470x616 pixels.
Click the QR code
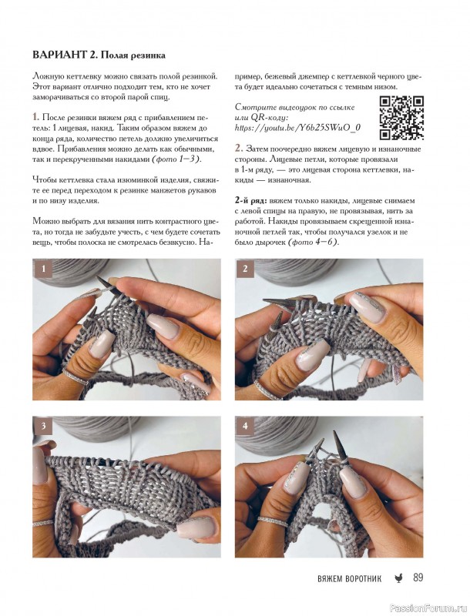pos(401,118)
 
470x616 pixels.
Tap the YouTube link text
pos(297,128)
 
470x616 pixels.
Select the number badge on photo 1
pos(42,269)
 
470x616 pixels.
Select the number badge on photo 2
pos(245,269)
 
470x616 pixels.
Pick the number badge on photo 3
pos(42,427)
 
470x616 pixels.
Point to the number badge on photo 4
pos(245,427)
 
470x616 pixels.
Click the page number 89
pos(418,577)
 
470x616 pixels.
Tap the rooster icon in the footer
pos(398,578)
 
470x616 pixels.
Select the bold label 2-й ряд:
pos(251,201)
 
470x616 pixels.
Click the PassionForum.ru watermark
pos(435,608)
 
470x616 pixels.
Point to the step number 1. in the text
pos(35,117)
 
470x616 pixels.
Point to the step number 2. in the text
pos(239,148)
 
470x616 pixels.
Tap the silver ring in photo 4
pos(273,521)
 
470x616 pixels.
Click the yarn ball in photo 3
pos(99,429)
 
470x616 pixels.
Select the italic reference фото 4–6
pos(313,243)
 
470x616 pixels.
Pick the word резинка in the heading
pos(146,55)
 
